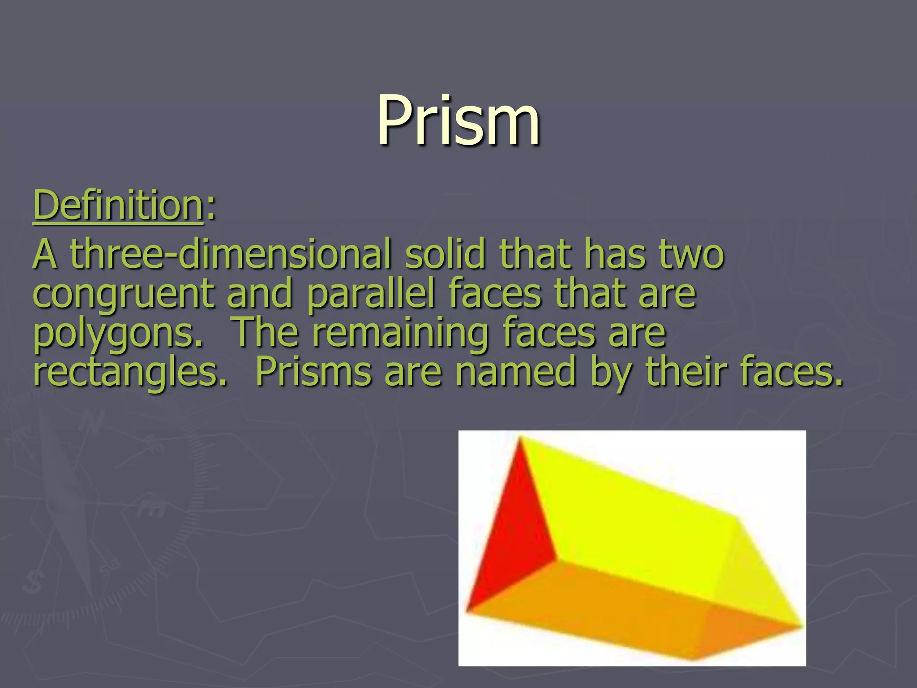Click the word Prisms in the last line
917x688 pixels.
point(313,373)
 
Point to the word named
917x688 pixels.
point(515,373)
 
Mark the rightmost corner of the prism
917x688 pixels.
point(801,625)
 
